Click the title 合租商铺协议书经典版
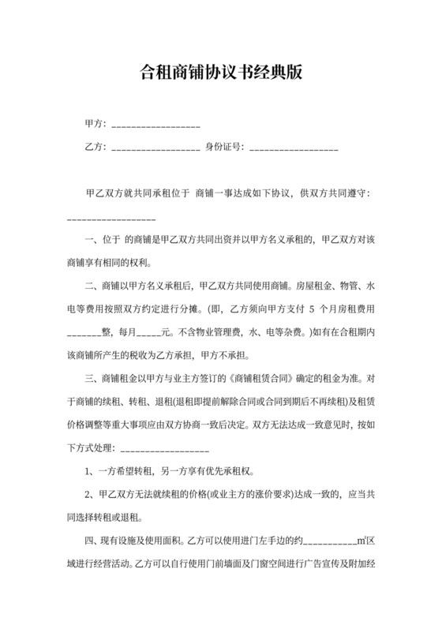coord(221,74)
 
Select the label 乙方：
coord(97,147)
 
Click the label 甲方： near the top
coord(97,125)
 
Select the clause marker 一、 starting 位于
coord(92,238)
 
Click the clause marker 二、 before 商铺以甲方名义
coord(92,283)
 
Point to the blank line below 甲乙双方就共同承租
coord(110,216)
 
